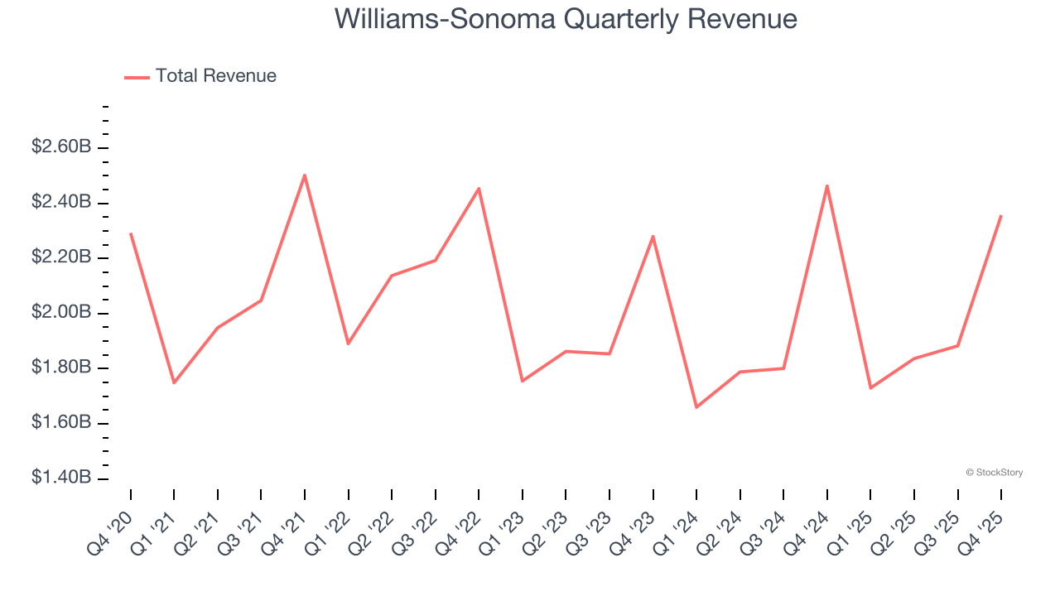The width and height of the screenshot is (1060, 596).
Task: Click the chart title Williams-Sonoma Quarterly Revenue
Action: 566,18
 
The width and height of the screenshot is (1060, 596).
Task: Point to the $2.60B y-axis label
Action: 61,147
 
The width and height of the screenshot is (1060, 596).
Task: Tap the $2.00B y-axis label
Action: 61,313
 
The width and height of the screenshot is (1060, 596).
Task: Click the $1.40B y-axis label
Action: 61,478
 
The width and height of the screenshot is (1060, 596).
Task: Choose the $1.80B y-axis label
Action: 61,368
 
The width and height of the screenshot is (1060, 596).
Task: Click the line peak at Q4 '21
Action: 305,175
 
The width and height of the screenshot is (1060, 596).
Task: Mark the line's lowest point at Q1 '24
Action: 696,407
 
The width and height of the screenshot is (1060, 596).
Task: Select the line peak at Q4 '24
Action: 827,185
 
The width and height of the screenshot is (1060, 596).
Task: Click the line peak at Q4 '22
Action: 479,189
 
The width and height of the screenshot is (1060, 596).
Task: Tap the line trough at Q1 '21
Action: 174,382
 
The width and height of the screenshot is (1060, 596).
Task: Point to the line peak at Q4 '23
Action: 653,237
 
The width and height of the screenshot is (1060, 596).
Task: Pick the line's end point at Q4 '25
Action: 1001,215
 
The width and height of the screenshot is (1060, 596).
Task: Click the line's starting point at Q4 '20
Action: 131,233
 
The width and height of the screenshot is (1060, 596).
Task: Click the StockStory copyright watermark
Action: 994,473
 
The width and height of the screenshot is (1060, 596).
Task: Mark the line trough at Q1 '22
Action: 349,344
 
